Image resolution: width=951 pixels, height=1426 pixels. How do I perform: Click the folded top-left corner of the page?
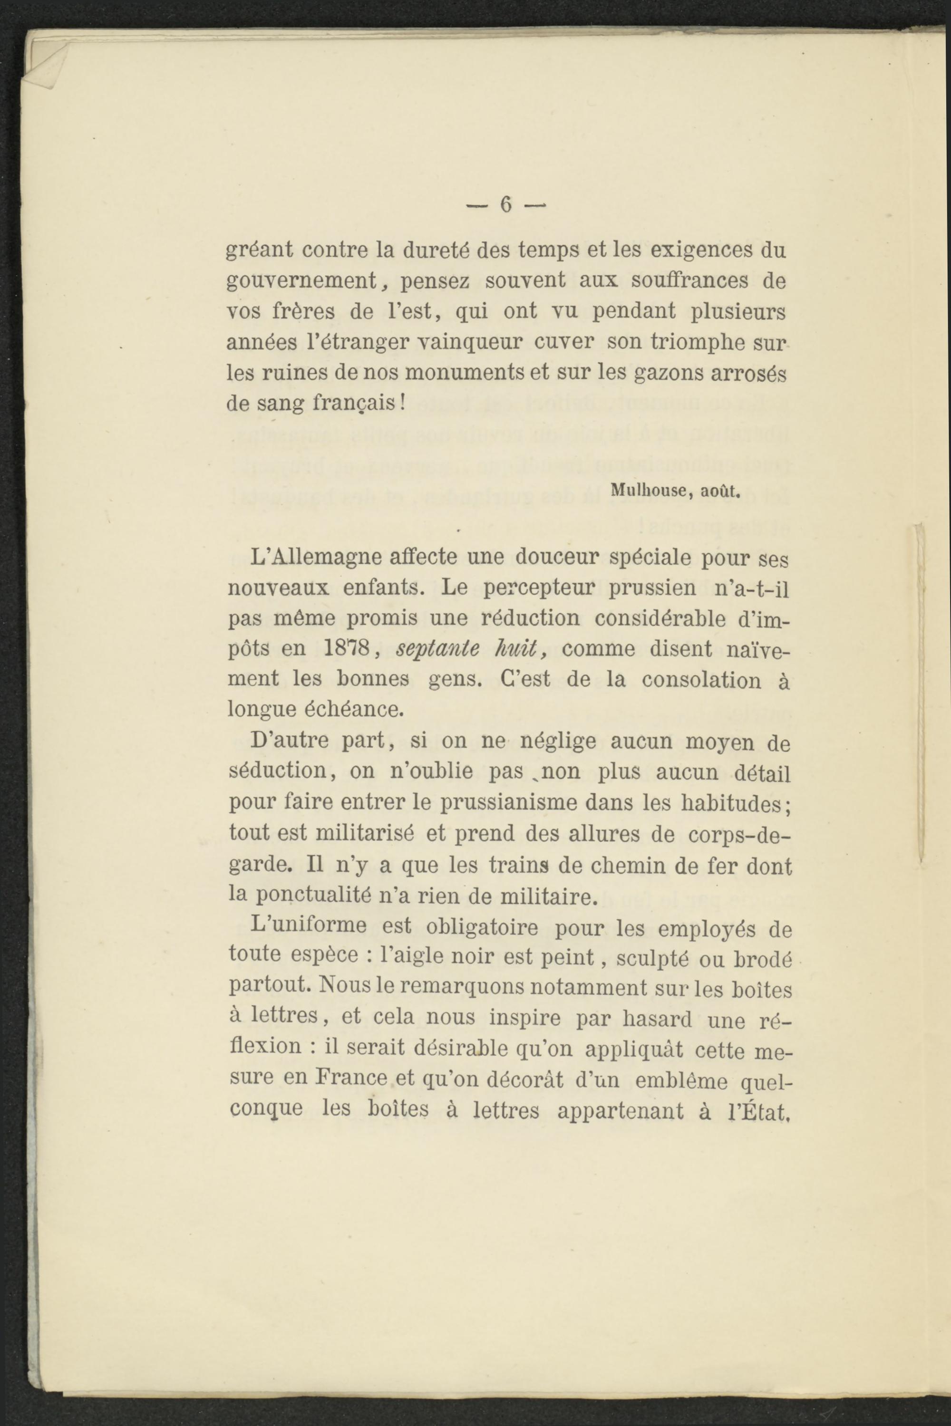tap(46, 64)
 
